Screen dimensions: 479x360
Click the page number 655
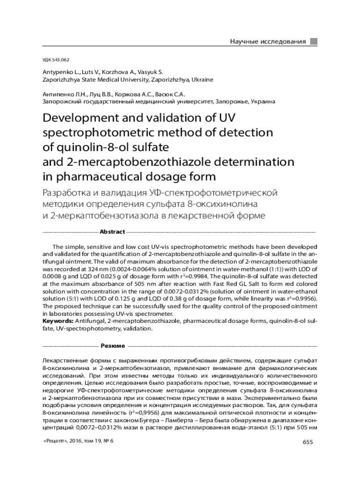point(308,443)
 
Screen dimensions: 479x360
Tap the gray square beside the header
point(314,42)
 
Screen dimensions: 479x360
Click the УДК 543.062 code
point(56,60)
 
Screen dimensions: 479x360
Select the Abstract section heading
point(112,232)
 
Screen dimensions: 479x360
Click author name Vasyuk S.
point(151,73)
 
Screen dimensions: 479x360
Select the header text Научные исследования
point(268,42)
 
